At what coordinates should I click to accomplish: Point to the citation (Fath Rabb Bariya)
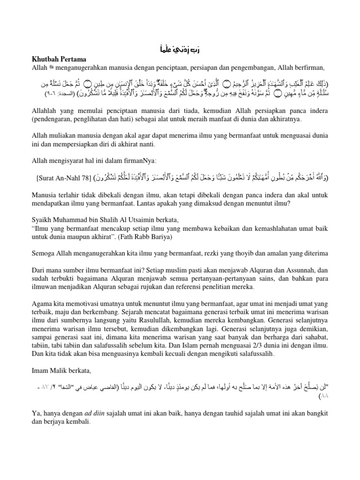pyautogui.click(x=149, y=237)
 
